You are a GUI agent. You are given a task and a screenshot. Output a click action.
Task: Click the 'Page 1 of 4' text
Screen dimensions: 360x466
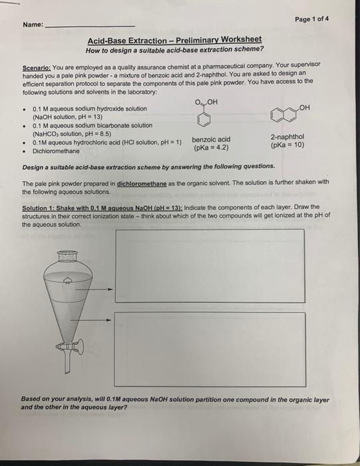tap(311, 19)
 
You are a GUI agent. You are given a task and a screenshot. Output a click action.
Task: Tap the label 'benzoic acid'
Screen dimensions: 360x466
tap(211, 139)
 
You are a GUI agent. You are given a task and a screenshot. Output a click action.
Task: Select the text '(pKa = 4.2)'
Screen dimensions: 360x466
tap(211, 147)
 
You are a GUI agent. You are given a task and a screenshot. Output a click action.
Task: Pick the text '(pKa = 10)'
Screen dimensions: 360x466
tap(287, 144)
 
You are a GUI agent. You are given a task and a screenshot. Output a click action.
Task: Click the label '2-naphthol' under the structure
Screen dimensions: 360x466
tap(287, 136)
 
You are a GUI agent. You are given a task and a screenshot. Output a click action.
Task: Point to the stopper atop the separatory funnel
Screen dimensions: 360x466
tap(67, 256)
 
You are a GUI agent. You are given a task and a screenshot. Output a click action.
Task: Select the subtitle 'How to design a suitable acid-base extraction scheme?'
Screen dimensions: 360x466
tap(175, 49)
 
